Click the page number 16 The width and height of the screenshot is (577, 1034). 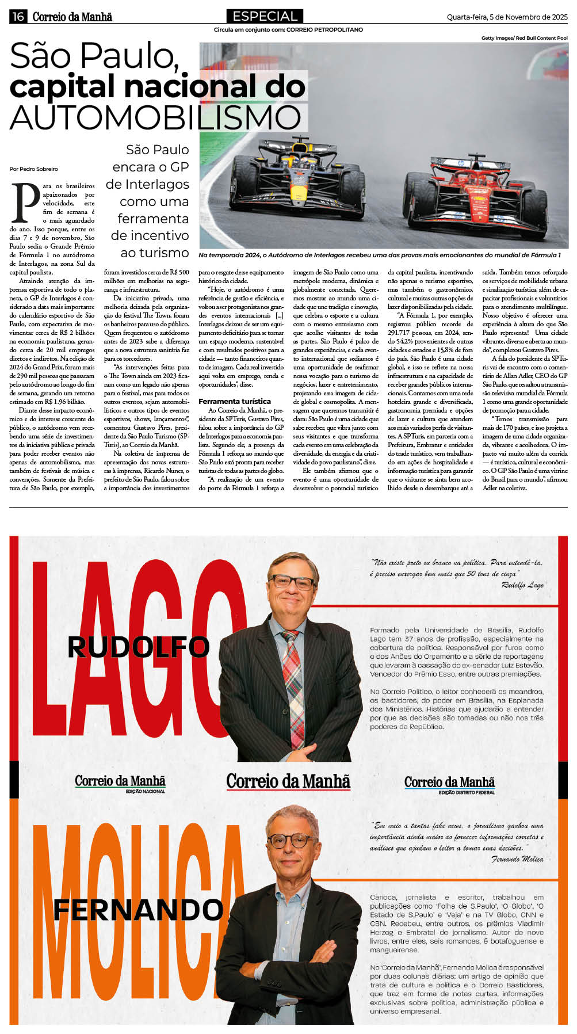click(18, 17)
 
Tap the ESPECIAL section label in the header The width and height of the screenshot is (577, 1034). click(265, 16)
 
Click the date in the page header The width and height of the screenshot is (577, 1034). click(507, 17)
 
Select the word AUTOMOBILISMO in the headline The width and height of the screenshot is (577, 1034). click(155, 117)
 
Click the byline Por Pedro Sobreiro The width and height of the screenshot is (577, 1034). click(33, 169)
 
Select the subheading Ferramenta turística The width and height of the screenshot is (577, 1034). click(235, 401)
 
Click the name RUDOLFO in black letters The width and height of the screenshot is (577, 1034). click(138, 647)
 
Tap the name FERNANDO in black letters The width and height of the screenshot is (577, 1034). click(138, 910)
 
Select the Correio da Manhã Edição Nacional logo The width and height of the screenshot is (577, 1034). click(120, 783)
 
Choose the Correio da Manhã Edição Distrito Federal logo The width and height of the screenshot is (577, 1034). click(449, 784)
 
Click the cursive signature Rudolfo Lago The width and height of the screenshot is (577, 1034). click(522, 585)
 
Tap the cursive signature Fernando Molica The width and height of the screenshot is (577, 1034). click(517, 859)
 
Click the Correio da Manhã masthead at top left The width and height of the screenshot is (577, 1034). click(72, 17)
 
